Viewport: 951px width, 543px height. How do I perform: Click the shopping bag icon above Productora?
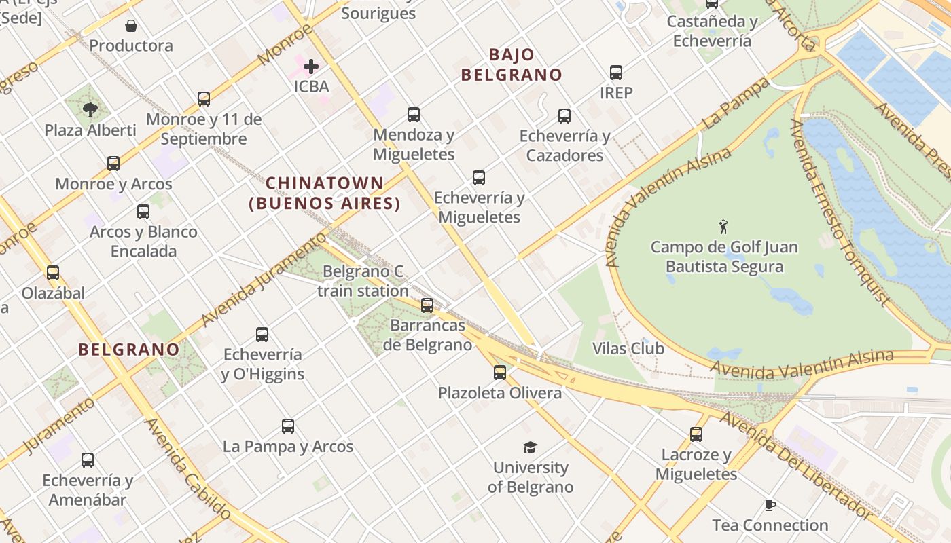pos(131,26)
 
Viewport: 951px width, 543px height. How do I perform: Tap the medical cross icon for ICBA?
pos(311,67)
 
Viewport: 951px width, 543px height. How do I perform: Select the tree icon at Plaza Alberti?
pos(90,109)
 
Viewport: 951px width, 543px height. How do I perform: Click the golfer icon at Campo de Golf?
pos(724,226)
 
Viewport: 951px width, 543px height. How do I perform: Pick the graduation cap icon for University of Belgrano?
pos(530,447)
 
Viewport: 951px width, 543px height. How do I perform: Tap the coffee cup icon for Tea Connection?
pos(770,505)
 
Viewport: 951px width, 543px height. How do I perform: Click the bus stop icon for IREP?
pos(616,72)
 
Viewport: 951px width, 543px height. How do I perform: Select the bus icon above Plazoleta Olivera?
pos(500,372)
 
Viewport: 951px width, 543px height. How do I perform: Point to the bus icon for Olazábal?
pos(53,273)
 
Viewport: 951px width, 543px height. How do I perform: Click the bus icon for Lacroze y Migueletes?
pos(696,434)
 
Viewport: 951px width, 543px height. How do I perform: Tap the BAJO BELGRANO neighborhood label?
pos(512,64)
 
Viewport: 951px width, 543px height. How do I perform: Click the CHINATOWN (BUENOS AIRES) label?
pos(325,193)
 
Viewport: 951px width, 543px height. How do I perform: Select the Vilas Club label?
pos(628,348)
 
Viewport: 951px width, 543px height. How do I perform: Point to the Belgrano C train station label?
pos(363,281)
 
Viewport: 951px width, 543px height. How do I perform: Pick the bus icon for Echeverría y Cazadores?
pos(564,116)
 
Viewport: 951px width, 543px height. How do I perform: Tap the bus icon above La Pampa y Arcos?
pos(288,426)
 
